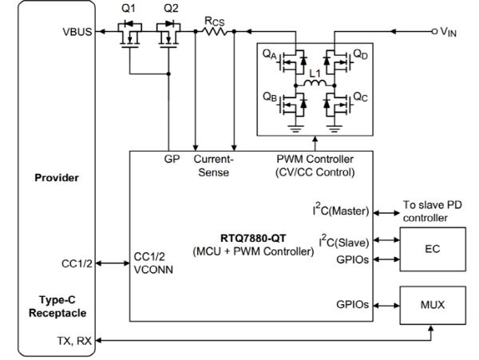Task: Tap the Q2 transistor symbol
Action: click(x=170, y=36)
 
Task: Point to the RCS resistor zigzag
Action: click(x=215, y=31)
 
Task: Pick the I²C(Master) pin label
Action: click(x=341, y=212)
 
